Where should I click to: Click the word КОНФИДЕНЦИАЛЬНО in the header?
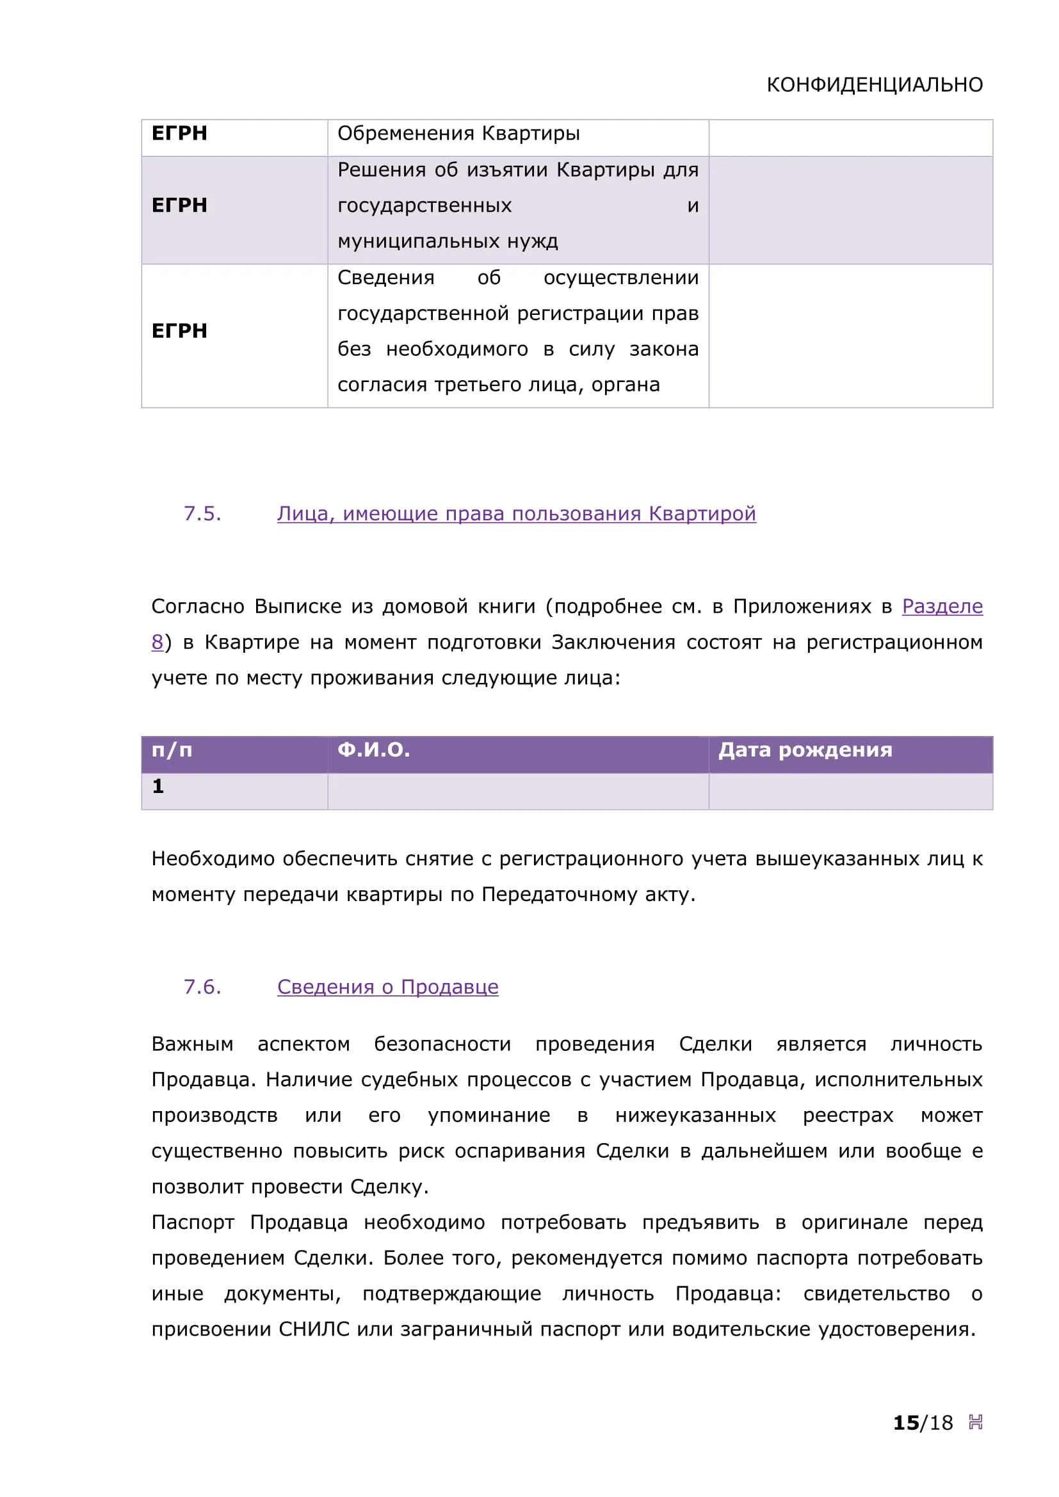tap(874, 84)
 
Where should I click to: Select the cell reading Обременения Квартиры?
tap(458, 134)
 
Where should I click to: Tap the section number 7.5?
tap(202, 514)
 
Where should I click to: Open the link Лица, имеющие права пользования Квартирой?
tap(516, 514)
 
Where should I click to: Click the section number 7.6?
tap(202, 987)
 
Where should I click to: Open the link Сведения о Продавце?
tap(387, 987)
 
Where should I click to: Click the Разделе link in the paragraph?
tap(942, 606)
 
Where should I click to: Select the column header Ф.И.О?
tap(373, 750)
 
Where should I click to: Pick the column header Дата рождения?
tap(805, 750)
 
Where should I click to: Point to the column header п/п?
tap(172, 751)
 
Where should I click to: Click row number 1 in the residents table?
tap(158, 787)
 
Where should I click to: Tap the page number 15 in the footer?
tap(905, 1423)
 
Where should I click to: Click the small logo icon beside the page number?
tap(975, 1422)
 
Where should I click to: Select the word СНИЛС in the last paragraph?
tap(314, 1329)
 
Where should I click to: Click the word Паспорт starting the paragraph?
tap(192, 1222)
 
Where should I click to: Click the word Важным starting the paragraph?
tap(191, 1044)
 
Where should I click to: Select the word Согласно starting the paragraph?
tap(198, 606)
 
